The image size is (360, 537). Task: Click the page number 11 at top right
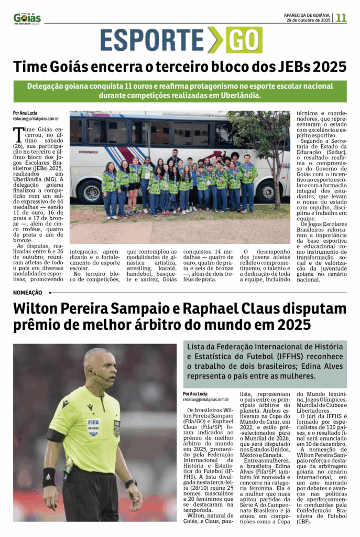[341, 18]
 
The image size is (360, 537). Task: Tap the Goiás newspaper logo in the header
[27, 18]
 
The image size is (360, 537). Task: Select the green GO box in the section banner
[244, 40]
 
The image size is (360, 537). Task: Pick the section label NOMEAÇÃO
[28, 292]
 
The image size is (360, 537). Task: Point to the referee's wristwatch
[130, 483]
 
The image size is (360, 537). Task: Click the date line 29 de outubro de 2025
[308, 20]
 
